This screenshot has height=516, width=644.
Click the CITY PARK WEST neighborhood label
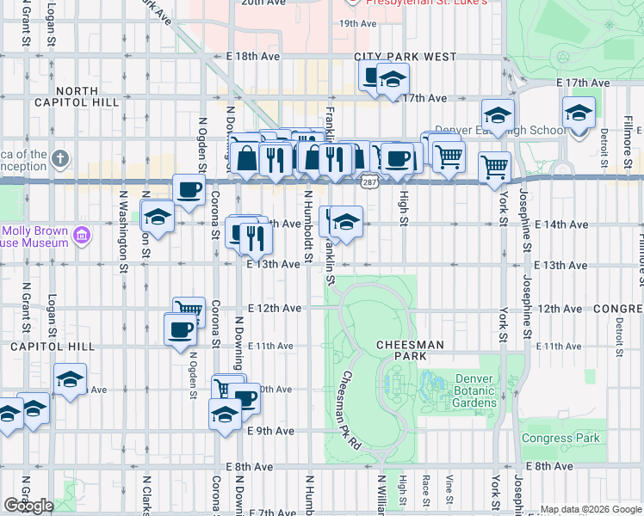405,57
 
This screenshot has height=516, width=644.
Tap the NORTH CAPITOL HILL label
86,96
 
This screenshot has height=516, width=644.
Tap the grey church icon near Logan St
59,158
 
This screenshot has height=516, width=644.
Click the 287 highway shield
368,182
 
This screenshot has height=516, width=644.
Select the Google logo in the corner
28,505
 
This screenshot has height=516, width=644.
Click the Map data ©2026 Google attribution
590,509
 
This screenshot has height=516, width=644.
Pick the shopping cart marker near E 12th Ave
189,310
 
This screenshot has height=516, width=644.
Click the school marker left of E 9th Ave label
225,414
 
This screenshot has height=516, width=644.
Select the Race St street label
425,488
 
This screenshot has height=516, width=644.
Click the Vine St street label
449,488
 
